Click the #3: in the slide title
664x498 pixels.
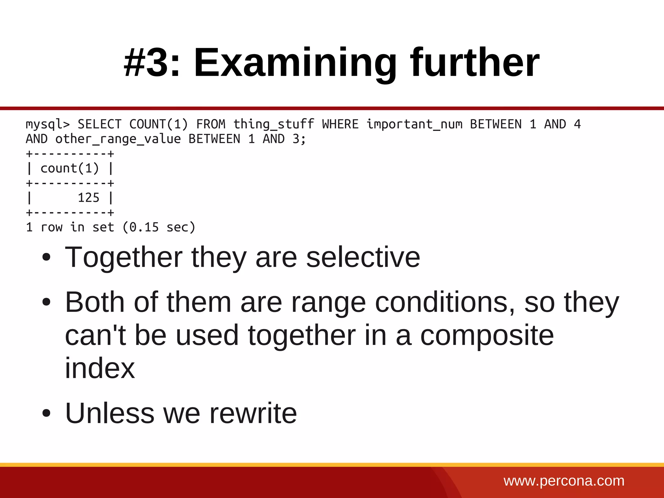[x=152, y=62]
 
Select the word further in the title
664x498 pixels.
[x=475, y=62]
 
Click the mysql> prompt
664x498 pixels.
[x=48, y=124]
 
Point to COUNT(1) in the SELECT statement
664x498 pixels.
[x=159, y=124]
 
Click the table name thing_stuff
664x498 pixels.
[x=274, y=124]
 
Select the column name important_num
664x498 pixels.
[x=414, y=124]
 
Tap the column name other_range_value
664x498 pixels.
[x=118, y=139]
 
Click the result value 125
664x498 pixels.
[x=88, y=198]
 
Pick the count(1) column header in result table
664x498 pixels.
[x=69, y=169]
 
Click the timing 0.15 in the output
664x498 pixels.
[x=144, y=227]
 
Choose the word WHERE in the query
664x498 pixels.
[x=340, y=124]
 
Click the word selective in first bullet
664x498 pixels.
[x=363, y=257]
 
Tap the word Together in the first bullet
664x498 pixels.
[x=124, y=257]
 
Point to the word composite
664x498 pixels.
[x=487, y=336]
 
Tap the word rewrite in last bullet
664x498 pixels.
[x=253, y=413]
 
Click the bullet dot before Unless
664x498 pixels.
[x=47, y=413]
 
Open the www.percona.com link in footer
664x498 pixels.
[x=564, y=481]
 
